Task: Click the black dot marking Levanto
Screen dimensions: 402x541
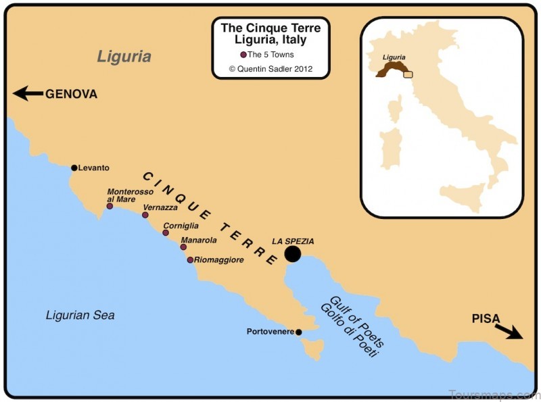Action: pos(74,168)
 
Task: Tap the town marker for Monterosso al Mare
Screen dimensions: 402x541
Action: pos(110,205)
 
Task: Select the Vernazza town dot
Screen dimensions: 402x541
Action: pos(145,215)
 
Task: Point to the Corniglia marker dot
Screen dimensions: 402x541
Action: pos(166,232)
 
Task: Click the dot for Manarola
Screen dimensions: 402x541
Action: pos(183,247)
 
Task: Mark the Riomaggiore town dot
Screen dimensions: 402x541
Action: pos(190,259)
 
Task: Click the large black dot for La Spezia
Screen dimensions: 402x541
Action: pos(292,254)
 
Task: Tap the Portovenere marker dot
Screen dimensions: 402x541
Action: pos(299,332)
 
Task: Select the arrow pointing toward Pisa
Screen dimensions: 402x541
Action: pos(508,330)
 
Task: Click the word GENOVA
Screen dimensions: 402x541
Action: pos(72,95)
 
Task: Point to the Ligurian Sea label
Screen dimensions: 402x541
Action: pos(80,315)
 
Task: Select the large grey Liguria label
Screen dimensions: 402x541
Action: pos(124,56)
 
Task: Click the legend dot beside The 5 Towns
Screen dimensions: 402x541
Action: pos(243,55)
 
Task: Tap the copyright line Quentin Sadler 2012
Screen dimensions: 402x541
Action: pos(270,68)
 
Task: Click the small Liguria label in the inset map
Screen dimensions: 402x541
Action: pos(394,58)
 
